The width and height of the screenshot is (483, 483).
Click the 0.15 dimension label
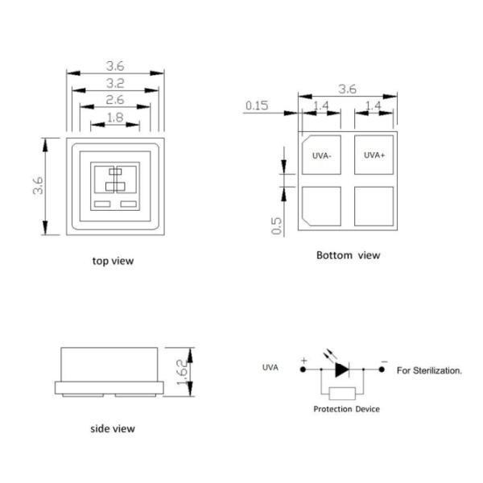(257, 105)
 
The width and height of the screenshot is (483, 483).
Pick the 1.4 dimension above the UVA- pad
(321, 105)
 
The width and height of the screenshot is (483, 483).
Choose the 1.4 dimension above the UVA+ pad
(374, 105)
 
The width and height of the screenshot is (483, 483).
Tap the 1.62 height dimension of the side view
(183, 371)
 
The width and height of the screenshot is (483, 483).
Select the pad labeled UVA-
(321, 155)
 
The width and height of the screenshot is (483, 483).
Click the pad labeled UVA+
(374, 155)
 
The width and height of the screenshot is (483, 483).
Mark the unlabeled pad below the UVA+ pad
(374, 206)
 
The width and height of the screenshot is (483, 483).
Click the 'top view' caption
(114, 261)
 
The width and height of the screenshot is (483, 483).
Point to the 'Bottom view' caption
(348, 255)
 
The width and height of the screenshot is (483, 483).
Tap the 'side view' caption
(112, 428)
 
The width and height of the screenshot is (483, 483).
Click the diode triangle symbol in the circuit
(341, 370)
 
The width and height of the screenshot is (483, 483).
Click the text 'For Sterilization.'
(429, 371)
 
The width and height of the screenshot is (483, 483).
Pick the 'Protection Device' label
(346, 409)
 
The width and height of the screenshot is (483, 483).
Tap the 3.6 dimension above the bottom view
(347, 89)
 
